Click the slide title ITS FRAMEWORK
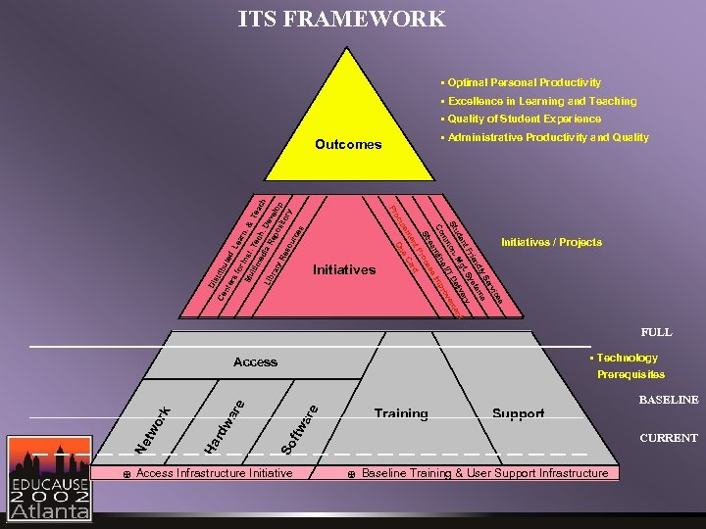(x=341, y=19)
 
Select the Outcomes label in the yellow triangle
(x=348, y=144)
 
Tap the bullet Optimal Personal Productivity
(x=524, y=82)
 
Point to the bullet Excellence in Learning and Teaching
(x=541, y=101)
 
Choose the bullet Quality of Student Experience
(x=524, y=119)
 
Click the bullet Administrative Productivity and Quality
(x=547, y=138)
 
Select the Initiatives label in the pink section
(x=343, y=269)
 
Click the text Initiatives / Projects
(x=551, y=242)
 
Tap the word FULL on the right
(x=656, y=332)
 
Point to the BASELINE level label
(x=668, y=400)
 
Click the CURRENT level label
(x=668, y=438)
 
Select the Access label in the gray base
(x=255, y=362)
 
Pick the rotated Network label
(x=153, y=431)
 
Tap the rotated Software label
(x=300, y=429)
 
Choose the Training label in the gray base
(x=400, y=414)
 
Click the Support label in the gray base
(x=518, y=414)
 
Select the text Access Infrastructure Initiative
(x=214, y=473)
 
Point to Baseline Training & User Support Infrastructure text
(x=484, y=473)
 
